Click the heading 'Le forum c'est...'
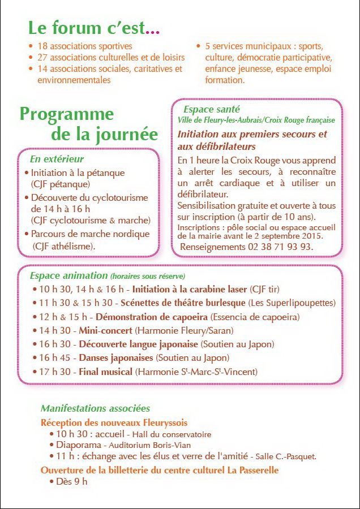[x=94, y=28]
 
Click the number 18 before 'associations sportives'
[x=42, y=46]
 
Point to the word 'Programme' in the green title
[x=67, y=114]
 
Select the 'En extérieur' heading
[x=57, y=159]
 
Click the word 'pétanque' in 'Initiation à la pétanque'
[x=106, y=173]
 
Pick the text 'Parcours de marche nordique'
[x=91, y=234]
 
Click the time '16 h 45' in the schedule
[x=57, y=358]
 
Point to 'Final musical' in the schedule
[x=105, y=372]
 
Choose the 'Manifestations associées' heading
[x=95, y=408]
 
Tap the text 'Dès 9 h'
[x=72, y=482]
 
